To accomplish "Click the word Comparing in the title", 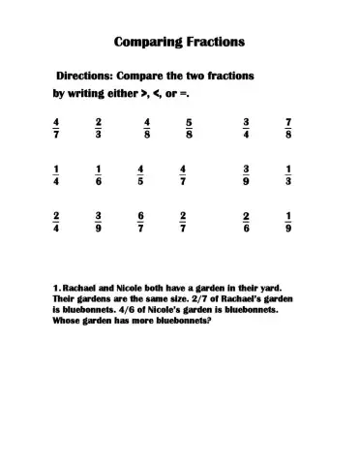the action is (146, 42).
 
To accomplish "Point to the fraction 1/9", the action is (288, 222).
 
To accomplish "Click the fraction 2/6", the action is (247, 222).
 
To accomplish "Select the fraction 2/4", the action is (57, 222).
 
